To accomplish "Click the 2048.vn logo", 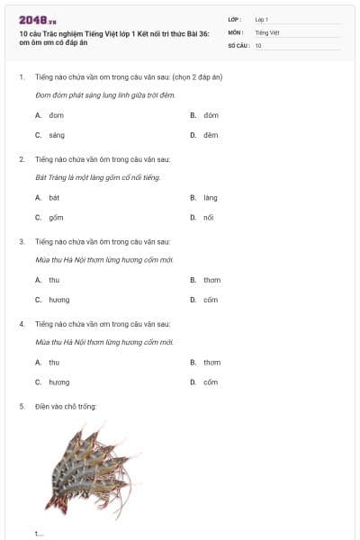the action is [x=37, y=20].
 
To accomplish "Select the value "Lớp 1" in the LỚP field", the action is [x=262, y=19].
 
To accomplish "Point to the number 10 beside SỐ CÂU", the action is [x=258, y=44].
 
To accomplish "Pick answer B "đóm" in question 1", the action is [x=211, y=115].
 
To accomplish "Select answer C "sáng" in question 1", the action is [x=57, y=135].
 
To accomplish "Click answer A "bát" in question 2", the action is [x=54, y=197].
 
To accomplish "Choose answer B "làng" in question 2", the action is [x=211, y=197].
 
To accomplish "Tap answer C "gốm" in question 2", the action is [x=56, y=217].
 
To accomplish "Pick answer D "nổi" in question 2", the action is [x=209, y=217].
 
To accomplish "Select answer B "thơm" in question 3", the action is [x=211, y=280].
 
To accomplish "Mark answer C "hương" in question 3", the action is [x=58, y=300].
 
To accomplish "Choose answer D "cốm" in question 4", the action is [x=211, y=382].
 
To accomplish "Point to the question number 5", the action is [x=22, y=406].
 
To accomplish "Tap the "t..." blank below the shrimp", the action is [x=39, y=534].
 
